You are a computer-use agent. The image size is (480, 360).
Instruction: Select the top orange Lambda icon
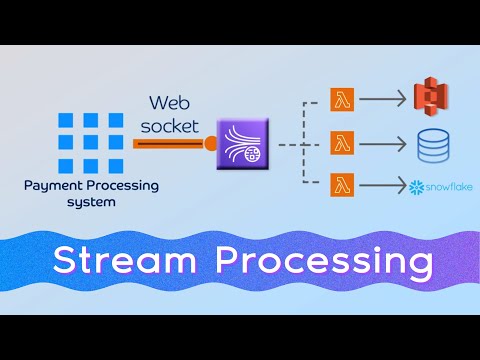point(342,99)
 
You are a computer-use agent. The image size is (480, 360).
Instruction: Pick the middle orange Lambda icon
point(342,142)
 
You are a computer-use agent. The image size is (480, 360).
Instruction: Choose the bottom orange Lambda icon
point(342,185)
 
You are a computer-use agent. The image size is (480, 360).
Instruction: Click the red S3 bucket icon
point(431,98)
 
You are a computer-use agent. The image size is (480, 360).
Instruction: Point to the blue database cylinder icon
point(431,147)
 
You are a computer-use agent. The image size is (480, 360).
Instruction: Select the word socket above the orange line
point(176,126)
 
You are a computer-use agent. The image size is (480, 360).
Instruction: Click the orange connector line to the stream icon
point(170,144)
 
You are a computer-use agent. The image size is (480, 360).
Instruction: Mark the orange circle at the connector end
point(211,144)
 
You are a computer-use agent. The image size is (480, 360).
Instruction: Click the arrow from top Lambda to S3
point(383,99)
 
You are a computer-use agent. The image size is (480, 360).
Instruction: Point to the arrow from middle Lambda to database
point(383,142)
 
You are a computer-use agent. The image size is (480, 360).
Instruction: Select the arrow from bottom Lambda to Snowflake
point(383,185)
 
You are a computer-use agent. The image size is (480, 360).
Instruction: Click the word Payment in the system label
point(55,185)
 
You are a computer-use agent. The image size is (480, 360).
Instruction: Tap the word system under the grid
point(91,201)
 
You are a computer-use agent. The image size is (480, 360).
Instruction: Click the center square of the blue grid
point(91,142)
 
